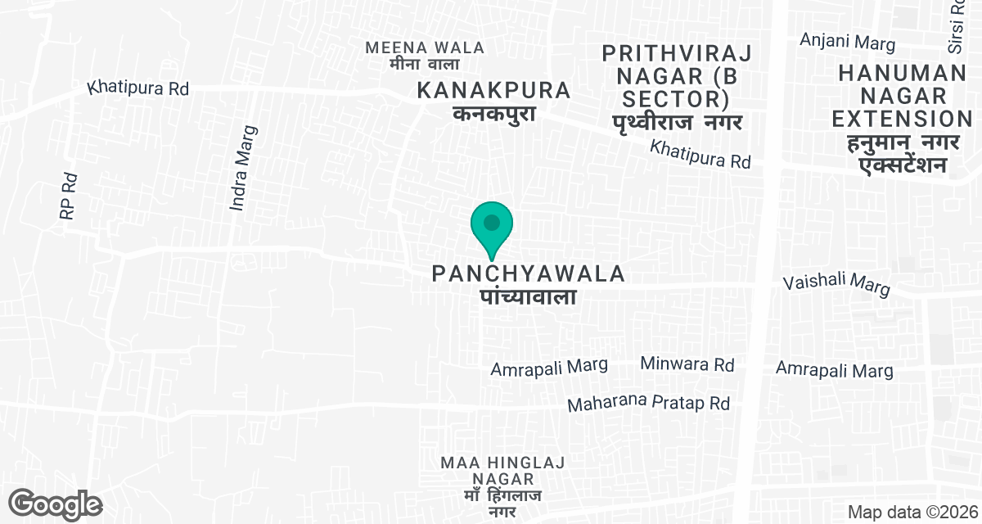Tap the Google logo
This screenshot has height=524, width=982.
pyautogui.click(x=55, y=504)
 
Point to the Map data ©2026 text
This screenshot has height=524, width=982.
pyautogui.click(x=912, y=512)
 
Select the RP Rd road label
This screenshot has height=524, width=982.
pyautogui.click(x=68, y=196)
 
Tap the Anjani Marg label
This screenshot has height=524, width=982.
pyautogui.click(x=848, y=43)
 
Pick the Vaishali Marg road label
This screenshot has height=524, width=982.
pyautogui.click(x=836, y=283)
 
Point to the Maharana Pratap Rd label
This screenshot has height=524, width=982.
pyautogui.click(x=648, y=404)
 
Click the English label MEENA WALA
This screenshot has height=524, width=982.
pyautogui.click(x=425, y=47)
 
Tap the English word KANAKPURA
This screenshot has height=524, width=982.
pyautogui.click(x=493, y=90)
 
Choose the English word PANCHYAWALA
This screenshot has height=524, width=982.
pyautogui.click(x=529, y=273)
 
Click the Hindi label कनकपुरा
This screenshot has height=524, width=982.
pyautogui.click(x=494, y=113)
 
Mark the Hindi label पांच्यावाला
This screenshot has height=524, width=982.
pyautogui.click(x=528, y=296)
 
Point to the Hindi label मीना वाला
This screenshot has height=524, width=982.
pyautogui.click(x=425, y=64)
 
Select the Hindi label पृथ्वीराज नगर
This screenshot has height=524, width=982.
pyautogui.click(x=676, y=123)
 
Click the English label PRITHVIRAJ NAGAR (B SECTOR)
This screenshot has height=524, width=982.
pyautogui.click(x=676, y=76)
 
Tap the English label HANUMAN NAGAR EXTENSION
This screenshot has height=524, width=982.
pyautogui.click(x=902, y=96)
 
